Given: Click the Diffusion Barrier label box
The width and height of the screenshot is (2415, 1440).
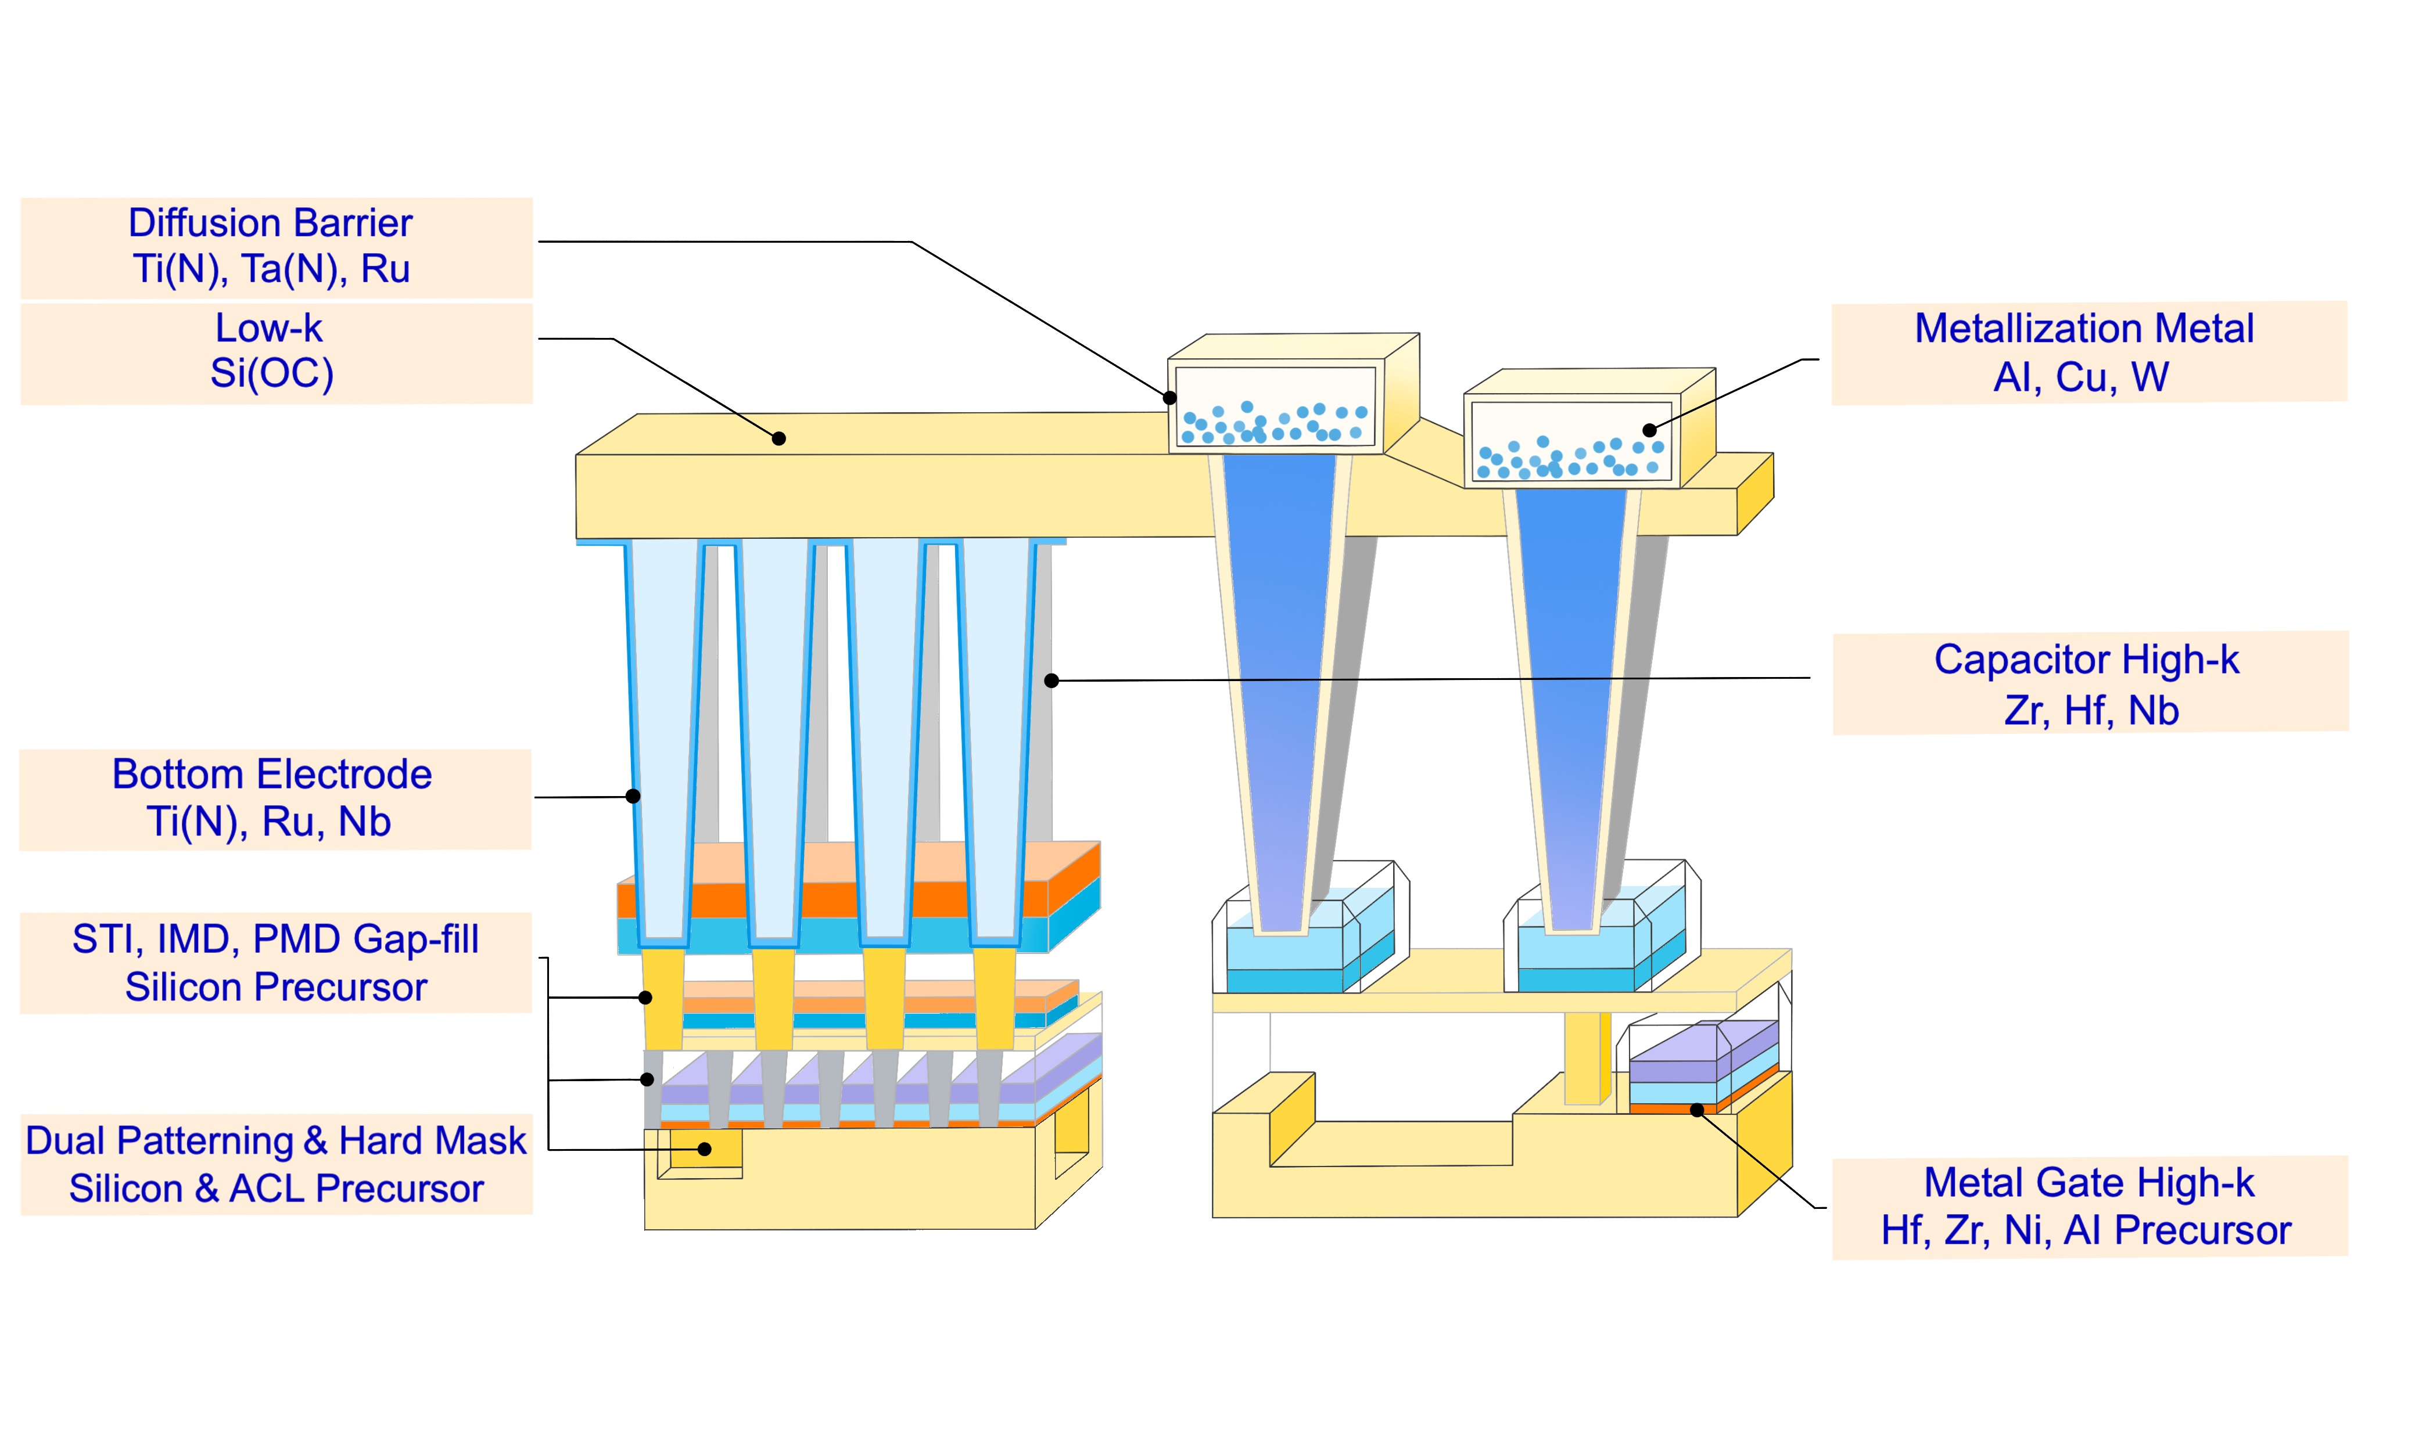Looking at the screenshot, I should tap(277, 247).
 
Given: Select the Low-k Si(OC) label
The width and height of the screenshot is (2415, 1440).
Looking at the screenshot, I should tap(277, 352).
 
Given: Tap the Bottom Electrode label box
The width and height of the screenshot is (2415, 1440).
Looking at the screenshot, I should tap(276, 798).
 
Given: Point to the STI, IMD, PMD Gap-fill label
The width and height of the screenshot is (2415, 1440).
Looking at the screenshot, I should tap(276, 963).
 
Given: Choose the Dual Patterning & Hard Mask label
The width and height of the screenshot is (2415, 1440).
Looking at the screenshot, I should tap(277, 1164).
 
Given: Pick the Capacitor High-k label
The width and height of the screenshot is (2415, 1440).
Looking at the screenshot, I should tap(2089, 683).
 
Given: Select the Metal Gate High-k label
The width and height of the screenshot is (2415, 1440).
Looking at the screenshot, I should tap(2089, 1206).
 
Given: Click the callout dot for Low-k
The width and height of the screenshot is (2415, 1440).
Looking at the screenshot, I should tap(778, 438).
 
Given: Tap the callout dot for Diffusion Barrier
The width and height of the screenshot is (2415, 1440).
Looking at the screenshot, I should tap(1171, 398).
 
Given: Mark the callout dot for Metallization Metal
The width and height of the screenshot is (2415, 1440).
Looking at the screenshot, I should tap(1649, 430).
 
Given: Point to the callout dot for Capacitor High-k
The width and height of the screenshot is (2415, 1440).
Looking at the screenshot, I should tap(1051, 681).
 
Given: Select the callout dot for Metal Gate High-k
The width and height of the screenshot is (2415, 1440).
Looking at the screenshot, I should tap(1697, 1110).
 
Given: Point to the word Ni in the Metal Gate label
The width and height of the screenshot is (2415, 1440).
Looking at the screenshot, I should tap(2024, 1230).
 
